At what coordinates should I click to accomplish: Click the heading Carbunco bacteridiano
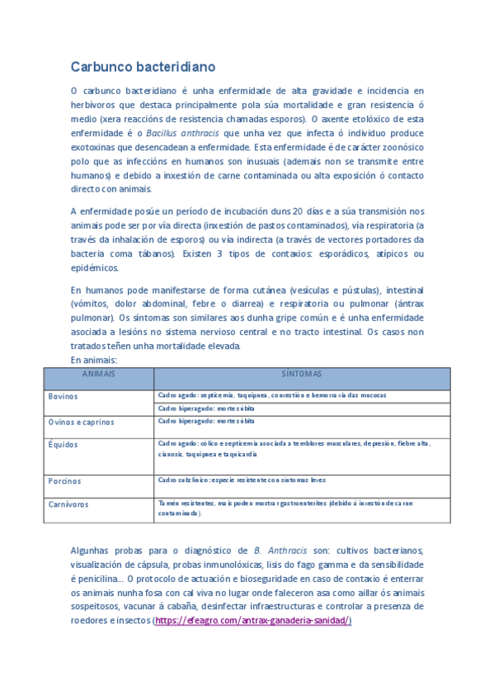click(x=142, y=66)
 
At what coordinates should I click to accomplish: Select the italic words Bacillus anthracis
click(x=183, y=132)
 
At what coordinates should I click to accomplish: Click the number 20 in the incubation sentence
click(x=298, y=210)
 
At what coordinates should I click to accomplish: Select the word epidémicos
click(x=94, y=267)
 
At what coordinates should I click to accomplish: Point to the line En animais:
click(x=94, y=360)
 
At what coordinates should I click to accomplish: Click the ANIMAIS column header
click(x=98, y=374)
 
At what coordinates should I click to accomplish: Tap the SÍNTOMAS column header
click(x=302, y=374)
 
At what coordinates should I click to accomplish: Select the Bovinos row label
click(x=63, y=396)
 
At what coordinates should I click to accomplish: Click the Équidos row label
click(x=63, y=444)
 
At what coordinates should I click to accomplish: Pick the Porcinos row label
click(x=64, y=480)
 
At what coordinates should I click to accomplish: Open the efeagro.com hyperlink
click(x=253, y=620)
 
